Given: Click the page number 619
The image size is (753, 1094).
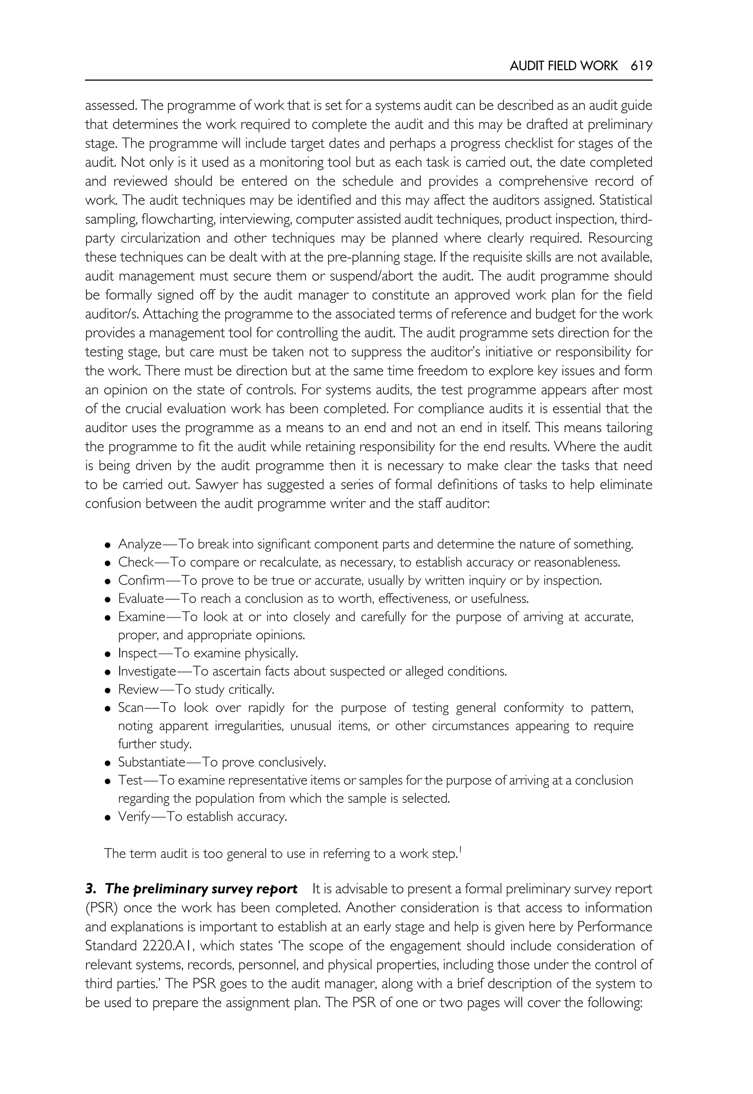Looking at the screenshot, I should click(x=641, y=66).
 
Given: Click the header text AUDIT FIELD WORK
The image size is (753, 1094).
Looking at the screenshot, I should click(x=563, y=66).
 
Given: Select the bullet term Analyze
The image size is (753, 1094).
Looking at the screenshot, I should click(x=140, y=544).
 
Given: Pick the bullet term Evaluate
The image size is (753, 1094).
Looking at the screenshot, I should click(x=140, y=599).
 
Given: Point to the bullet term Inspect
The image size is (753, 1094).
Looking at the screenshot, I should click(x=137, y=653).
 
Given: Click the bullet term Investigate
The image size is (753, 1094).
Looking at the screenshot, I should click(x=147, y=671).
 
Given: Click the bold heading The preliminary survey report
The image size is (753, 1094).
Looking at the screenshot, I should click(x=200, y=889).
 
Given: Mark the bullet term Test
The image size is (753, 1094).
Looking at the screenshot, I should click(x=130, y=781).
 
